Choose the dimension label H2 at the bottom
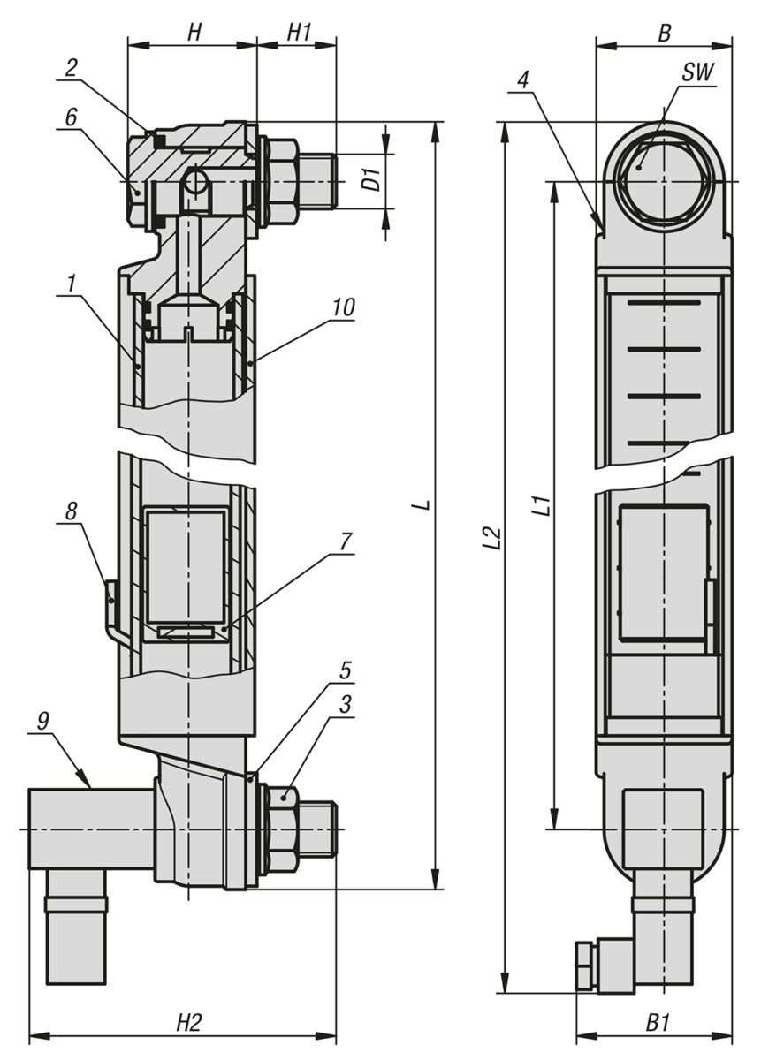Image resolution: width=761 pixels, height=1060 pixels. (188, 1022)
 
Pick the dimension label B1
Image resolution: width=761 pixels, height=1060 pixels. (656, 1022)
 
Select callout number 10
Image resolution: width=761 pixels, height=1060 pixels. (344, 307)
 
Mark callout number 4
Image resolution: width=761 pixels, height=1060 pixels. (522, 79)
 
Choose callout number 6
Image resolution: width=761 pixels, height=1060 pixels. (71, 115)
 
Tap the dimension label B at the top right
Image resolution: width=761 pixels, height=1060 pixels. (665, 32)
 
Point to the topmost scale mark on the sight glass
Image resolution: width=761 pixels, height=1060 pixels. (663, 304)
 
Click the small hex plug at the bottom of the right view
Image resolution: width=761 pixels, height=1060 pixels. (583, 965)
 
